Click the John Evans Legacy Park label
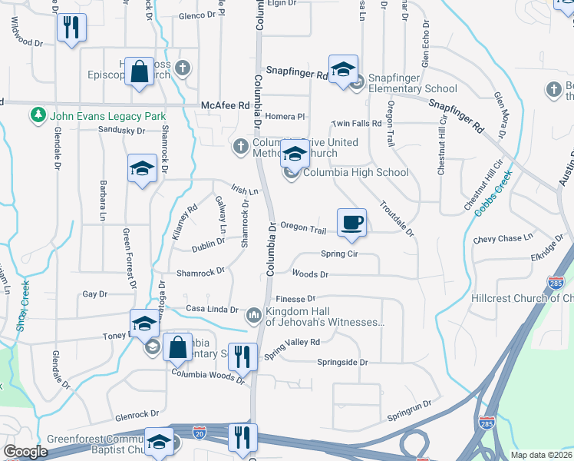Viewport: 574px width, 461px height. point(107,116)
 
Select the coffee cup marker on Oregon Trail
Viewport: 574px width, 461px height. point(351,222)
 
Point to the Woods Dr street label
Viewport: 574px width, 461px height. point(310,274)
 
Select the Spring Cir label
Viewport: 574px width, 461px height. point(339,254)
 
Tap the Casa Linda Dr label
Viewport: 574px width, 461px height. point(212,309)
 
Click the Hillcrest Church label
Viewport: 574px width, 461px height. point(522,298)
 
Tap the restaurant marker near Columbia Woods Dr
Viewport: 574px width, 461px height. point(242,356)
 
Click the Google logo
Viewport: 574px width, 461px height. point(26,451)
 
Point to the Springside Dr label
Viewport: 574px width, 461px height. point(343,362)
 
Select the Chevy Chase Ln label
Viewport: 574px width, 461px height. point(503,239)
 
